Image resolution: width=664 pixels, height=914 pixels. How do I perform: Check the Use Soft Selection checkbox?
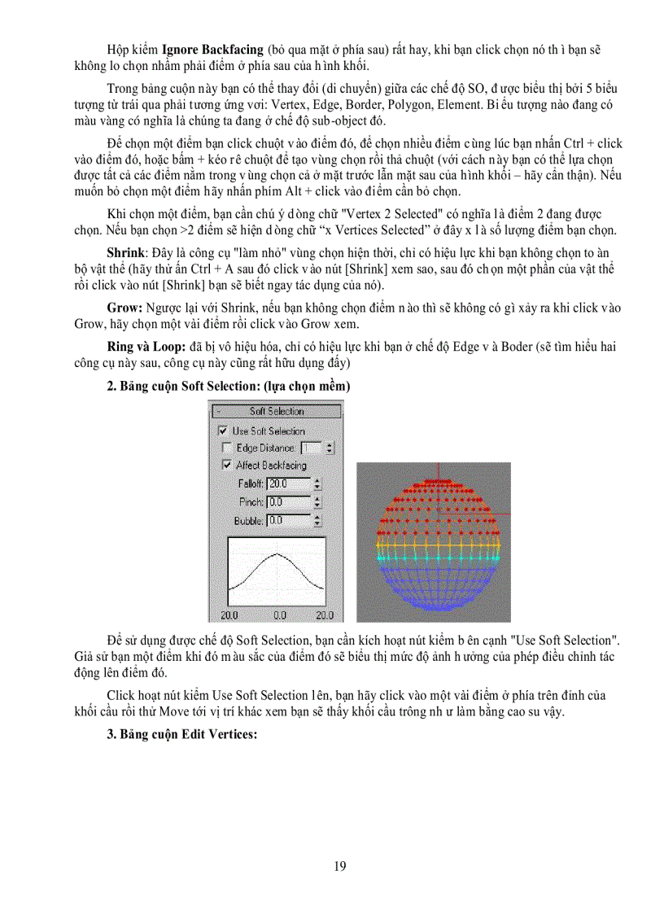click(x=222, y=431)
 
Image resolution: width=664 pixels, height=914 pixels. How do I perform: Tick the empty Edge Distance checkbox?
click(x=226, y=448)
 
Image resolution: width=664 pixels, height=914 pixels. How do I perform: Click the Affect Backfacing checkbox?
click(x=226, y=465)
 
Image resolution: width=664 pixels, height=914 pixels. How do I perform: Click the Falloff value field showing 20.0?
click(x=288, y=484)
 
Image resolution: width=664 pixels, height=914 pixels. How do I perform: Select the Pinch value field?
click(x=288, y=502)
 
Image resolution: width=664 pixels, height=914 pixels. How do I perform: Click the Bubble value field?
click(x=288, y=520)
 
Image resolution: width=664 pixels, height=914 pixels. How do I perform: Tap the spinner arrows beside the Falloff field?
click(x=317, y=484)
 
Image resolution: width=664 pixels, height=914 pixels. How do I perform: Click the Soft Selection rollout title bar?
click(x=276, y=412)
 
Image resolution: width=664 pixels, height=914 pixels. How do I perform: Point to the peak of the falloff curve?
click(x=277, y=556)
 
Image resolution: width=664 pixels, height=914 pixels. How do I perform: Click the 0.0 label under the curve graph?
click(x=279, y=615)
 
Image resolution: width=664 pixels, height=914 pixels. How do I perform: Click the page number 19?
click(x=339, y=866)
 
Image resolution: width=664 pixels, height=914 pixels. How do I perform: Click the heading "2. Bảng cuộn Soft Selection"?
click(x=228, y=387)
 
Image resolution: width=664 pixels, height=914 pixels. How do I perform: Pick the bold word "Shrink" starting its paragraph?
click(x=125, y=254)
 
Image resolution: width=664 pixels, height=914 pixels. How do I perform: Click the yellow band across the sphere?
click(x=433, y=541)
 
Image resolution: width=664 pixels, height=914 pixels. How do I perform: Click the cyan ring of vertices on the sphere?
click(x=433, y=558)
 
